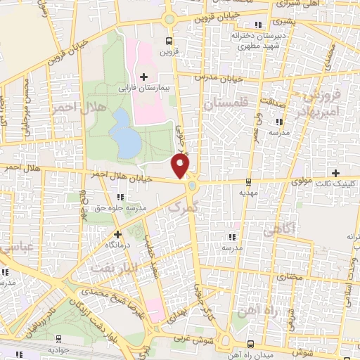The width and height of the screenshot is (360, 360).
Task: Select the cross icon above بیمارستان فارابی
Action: point(143,76)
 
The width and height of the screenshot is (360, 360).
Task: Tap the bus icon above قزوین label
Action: point(167,40)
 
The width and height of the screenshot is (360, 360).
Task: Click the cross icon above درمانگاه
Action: point(117,233)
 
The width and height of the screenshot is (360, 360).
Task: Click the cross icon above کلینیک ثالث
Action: point(336,172)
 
